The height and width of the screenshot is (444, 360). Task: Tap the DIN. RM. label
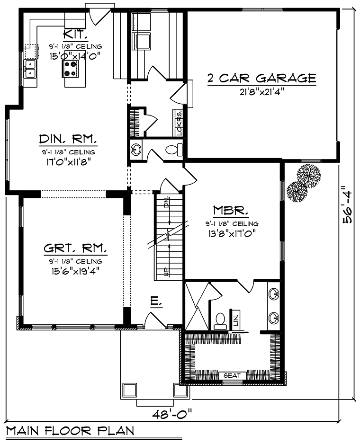click(x=68, y=139)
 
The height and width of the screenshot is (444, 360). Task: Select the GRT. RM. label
click(x=75, y=249)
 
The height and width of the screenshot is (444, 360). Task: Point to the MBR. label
click(x=231, y=210)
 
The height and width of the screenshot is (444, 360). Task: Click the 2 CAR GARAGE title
click(x=261, y=78)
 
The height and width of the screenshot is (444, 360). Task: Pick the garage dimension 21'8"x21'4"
click(x=262, y=92)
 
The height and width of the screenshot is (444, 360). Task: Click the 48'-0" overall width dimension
click(x=172, y=415)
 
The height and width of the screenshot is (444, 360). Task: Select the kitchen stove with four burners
click(x=70, y=69)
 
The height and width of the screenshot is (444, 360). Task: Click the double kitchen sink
click(x=30, y=69)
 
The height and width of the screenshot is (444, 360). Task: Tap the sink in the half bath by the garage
click(x=136, y=149)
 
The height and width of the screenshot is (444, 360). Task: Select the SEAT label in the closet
click(x=232, y=375)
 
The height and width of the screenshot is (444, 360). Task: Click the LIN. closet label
click(x=236, y=318)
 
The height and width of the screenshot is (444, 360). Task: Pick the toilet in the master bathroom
click(x=221, y=321)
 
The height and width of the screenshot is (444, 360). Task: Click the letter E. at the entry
click(x=156, y=301)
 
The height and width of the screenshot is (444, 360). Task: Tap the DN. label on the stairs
click(x=166, y=202)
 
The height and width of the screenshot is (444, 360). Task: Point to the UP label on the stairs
click(x=165, y=271)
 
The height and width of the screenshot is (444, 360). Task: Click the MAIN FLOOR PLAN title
click(x=70, y=430)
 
